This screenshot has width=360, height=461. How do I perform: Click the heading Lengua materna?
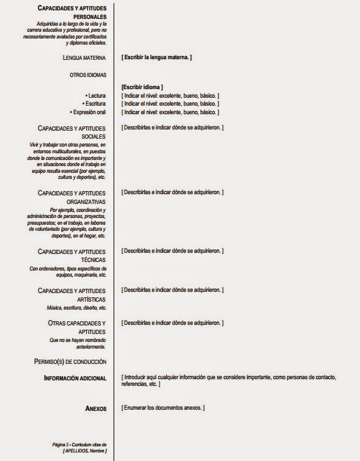coord(84,57)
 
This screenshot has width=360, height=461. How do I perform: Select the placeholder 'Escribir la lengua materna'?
coord(157,57)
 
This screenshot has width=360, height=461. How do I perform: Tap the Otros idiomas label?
coord(88,75)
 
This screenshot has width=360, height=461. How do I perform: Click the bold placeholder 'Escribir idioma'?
coord(142,87)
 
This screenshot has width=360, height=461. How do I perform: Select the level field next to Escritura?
coord(171,104)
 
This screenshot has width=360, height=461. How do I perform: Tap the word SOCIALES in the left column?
coord(94,137)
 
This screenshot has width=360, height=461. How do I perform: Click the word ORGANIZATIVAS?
coord(86,201)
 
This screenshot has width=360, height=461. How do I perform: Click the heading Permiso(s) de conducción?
coord(70,361)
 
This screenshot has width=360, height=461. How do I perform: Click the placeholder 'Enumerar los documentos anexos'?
coord(163,407)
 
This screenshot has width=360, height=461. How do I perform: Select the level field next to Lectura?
coord(171,96)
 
